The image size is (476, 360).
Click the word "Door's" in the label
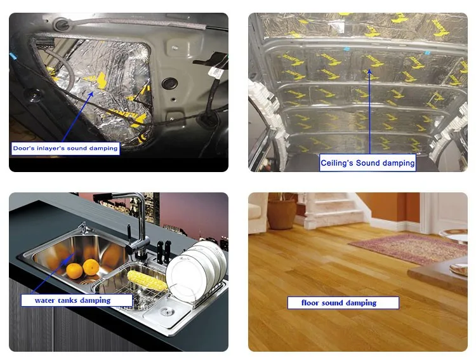24,149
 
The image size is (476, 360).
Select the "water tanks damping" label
72,300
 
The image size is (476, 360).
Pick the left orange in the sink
75,270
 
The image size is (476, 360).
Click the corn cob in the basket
147,281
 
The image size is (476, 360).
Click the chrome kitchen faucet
136,235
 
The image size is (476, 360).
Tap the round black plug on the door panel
169,83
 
